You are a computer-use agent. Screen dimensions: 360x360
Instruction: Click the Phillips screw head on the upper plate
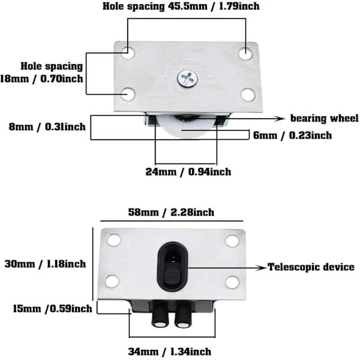point(188,79)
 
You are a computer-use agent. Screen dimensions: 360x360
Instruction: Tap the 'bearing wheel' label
point(324,118)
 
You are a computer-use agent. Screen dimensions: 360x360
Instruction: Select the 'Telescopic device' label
point(311,267)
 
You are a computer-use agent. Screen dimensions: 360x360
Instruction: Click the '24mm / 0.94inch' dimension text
point(188,172)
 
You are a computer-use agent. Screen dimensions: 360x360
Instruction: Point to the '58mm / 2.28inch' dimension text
point(171,212)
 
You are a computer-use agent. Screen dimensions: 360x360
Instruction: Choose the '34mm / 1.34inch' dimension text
point(169,352)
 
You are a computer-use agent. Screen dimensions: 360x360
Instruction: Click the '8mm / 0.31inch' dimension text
point(47,127)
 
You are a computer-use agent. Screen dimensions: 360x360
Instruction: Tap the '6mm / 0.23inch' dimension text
point(292,135)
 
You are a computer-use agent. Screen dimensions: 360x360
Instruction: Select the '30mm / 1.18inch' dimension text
point(45,264)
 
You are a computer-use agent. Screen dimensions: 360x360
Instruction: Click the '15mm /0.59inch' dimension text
point(52,308)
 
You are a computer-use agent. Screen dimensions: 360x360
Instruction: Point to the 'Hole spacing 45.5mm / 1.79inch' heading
point(181,6)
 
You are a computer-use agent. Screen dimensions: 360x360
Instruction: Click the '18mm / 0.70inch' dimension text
point(41,79)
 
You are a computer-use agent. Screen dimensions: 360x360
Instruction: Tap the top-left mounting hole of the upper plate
point(128,53)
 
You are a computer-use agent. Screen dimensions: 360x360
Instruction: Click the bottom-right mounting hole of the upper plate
point(248,95)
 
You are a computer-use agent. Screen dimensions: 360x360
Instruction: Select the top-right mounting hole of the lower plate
point(232,241)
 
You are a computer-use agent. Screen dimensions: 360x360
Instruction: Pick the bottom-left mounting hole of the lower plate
point(112,281)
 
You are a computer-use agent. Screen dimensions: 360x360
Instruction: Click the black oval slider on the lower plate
point(173,266)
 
